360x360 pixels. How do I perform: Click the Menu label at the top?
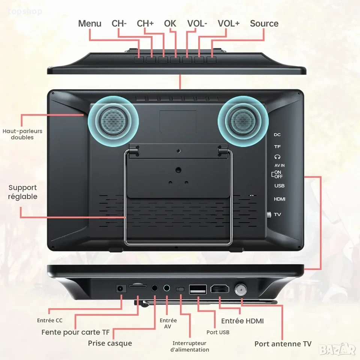click(x=90, y=23)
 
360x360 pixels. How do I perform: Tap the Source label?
click(x=264, y=23)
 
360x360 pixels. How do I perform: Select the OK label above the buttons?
click(x=170, y=23)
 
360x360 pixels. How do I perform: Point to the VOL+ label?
click(x=228, y=23)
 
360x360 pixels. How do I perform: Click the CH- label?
click(x=119, y=23)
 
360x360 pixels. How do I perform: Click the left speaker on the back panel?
click(x=113, y=121)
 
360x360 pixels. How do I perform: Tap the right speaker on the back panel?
click(x=243, y=121)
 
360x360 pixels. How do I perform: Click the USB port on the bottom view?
click(x=198, y=289)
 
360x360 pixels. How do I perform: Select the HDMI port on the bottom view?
click(x=220, y=289)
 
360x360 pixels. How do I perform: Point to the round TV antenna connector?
click(x=241, y=289)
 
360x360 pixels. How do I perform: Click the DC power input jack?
click(x=121, y=288)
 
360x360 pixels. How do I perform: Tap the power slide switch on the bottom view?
click(x=180, y=289)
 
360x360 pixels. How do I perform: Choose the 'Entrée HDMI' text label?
click(x=243, y=321)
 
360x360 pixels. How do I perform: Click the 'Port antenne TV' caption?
click(x=283, y=344)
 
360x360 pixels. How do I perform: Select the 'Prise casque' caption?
click(x=110, y=343)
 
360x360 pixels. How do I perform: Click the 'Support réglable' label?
click(x=22, y=192)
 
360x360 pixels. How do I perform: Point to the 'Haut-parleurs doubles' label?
click(x=22, y=134)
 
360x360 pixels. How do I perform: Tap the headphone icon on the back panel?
click(x=277, y=157)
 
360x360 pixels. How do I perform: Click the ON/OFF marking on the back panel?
click(x=277, y=174)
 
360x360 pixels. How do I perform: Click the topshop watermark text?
click(x=25, y=11)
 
